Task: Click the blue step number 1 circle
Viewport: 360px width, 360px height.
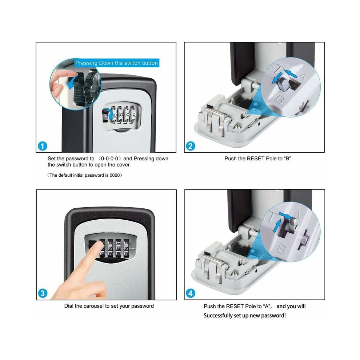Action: (42, 146)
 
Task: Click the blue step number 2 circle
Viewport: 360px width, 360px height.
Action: (190, 146)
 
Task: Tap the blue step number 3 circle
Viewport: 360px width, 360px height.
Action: (43, 293)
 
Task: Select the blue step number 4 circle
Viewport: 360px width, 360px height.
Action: (191, 293)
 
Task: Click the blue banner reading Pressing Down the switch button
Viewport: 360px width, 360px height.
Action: (117, 63)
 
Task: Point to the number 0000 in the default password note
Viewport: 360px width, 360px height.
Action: (115, 175)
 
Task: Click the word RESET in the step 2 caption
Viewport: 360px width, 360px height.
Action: (256, 159)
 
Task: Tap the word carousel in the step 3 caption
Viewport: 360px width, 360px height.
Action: (93, 306)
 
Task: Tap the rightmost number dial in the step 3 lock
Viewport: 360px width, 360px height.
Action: (126, 248)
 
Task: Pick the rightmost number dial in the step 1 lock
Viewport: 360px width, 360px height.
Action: (133, 114)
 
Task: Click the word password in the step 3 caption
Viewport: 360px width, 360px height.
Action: (143, 306)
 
